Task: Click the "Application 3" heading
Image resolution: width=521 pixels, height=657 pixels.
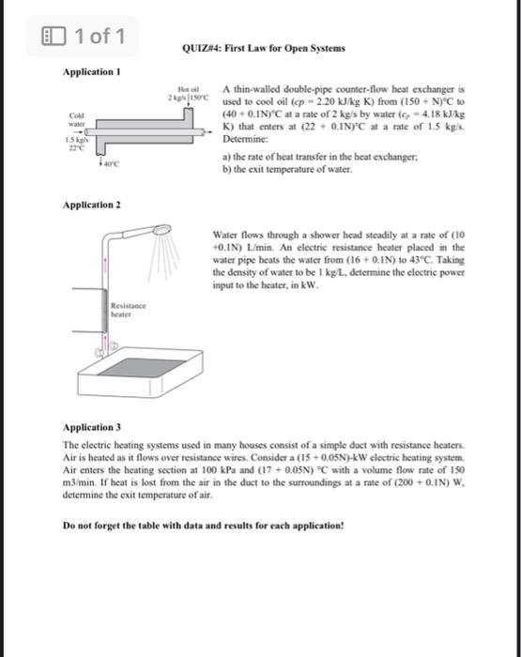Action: pos(91,425)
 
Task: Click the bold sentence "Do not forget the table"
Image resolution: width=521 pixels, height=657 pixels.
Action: pos(203,526)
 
